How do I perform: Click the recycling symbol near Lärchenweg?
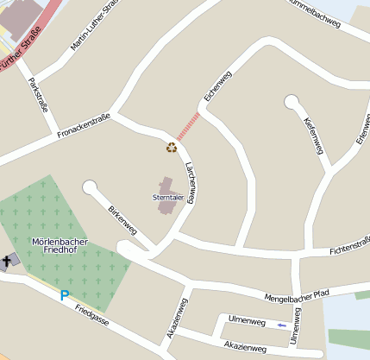coord(172,147)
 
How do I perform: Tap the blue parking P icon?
coord(64,295)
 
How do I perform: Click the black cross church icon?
coord(8,259)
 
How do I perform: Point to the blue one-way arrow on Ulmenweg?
coord(282,325)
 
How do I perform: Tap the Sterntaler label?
coord(168,198)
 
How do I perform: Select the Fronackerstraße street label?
coord(84,127)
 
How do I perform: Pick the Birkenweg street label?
coord(122,220)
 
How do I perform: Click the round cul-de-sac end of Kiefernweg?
coord(292,102)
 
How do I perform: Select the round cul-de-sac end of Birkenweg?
coord(90,187)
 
